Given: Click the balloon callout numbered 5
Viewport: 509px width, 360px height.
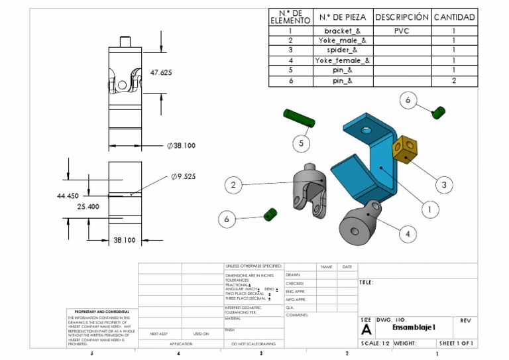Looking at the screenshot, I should [302, 143].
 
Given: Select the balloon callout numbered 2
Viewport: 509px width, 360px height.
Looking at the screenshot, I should [233, 185].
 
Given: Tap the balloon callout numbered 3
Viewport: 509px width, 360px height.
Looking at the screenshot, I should [443, 184].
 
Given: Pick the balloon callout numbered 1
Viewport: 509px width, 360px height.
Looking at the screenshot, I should [429, 210].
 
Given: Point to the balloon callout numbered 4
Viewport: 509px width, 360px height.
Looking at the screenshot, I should [408, 233].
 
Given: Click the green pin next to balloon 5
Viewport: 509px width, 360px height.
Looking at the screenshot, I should [298, 117].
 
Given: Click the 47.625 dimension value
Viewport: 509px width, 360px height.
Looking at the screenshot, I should [161, 72].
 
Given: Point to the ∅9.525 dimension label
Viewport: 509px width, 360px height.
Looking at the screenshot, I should [183, 176].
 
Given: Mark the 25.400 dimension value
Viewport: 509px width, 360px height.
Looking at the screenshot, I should [88, 207].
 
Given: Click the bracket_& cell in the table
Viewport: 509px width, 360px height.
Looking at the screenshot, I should [342, 31].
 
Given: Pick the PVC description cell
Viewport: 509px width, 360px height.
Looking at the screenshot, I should [402, 31].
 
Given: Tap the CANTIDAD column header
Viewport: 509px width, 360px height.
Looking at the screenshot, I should [454, 17].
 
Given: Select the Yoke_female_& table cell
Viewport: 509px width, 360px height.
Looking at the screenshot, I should [342, 61].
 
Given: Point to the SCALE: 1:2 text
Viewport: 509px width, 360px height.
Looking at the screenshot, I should [375, 343].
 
